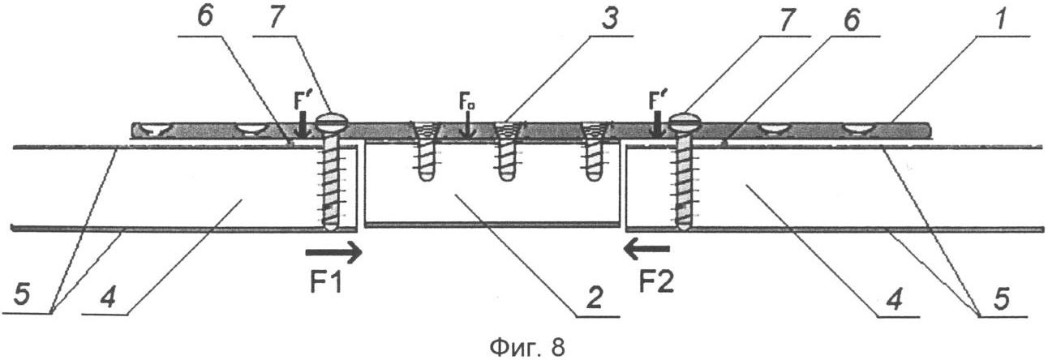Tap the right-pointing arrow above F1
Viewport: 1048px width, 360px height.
(334, 252)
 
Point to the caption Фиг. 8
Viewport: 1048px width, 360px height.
(527, 347)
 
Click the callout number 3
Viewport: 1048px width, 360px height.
(610, 19)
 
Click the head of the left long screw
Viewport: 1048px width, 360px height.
(332, 122)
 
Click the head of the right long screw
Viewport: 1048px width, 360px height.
(685, 122)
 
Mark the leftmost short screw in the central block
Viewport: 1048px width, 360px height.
(425, 151)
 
